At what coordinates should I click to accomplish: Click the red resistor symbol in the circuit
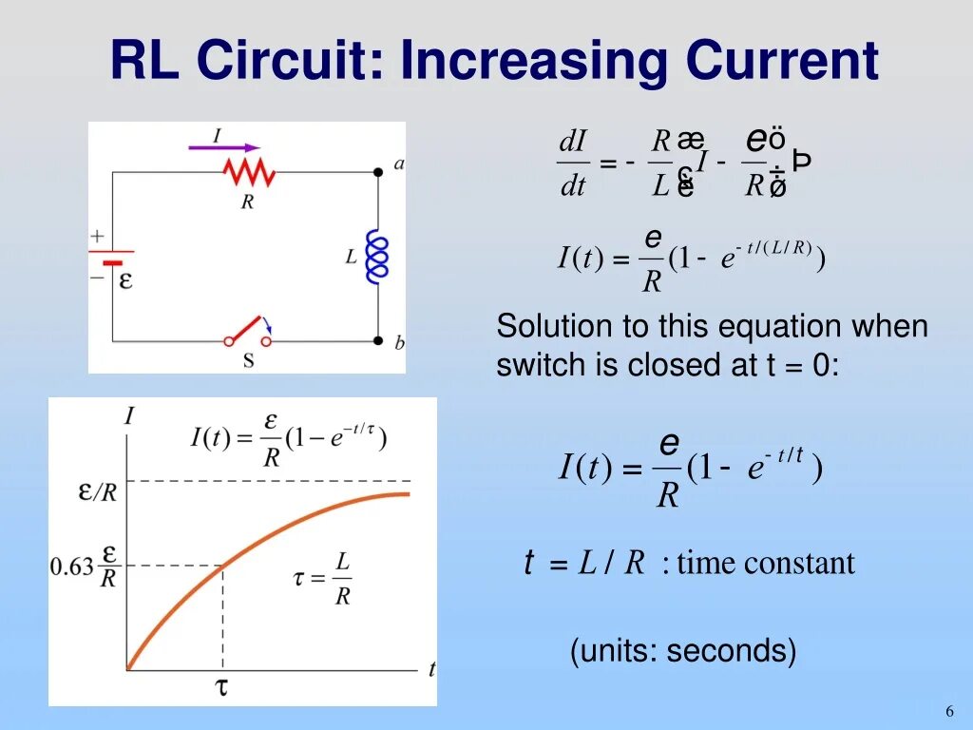tap(249, 172)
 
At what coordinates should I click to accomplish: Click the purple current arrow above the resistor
tap(223, 146)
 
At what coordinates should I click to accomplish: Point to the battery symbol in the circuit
tap(112, 258)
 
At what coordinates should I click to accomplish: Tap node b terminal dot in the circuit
tap(378, 339)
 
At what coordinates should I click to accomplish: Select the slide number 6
tap(948, 712)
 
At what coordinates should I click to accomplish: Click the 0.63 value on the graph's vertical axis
tap(72, 567)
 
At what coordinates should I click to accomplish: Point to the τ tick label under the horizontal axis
tap(222, 687)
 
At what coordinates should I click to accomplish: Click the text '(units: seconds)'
tap(682, 651)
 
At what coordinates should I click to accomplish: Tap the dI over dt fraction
tap(573, 163)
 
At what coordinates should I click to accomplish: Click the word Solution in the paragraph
tap(554, 327)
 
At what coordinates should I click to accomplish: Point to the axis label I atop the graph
tap(128, 415)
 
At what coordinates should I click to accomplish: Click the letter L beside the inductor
tap(351, 256)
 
